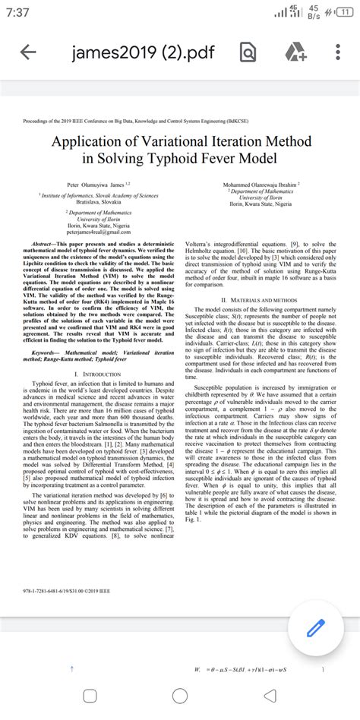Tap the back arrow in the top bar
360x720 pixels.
(x=28, y=52)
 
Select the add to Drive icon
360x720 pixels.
(x=292, y=52)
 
